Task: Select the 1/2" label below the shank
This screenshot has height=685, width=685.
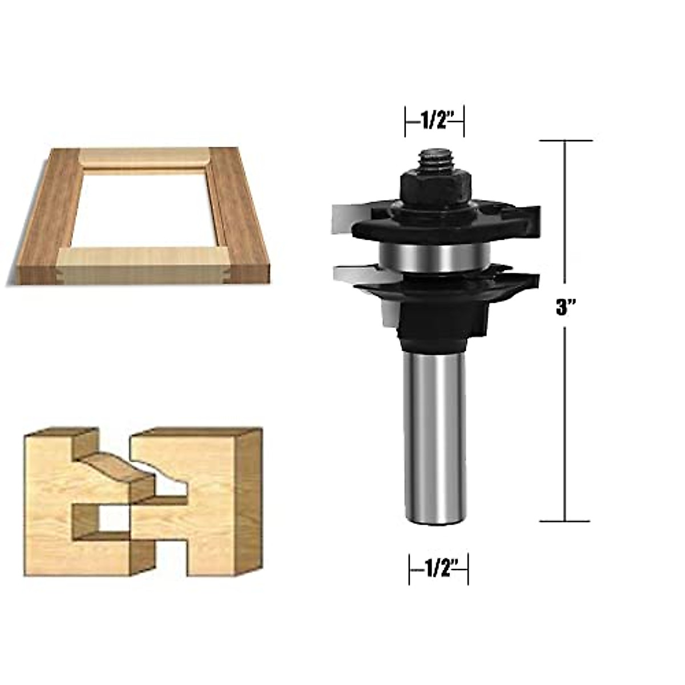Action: click(438, 570)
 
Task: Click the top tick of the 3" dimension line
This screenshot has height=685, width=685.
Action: click(565, 140)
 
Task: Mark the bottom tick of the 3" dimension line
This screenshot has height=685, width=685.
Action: click(565, 521)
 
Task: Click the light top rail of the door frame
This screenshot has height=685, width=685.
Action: click(143, 157)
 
